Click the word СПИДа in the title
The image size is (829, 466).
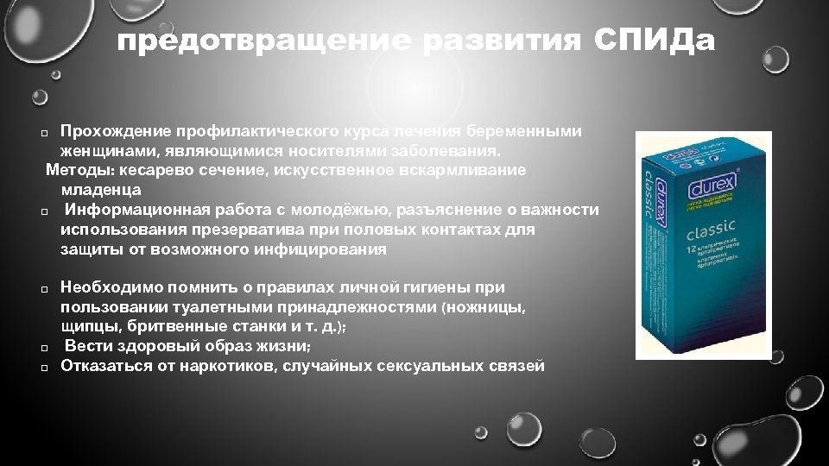(x=656, y=41)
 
